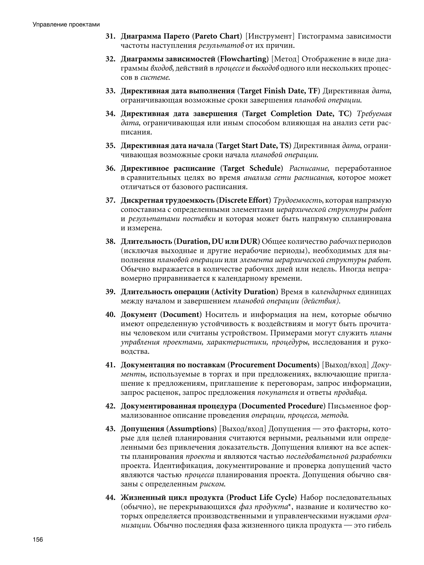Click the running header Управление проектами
pyautogui.click(x=66, y=25)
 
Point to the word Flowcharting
pyautogui.click(x=243, y=59)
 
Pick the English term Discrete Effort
pyautogui.click(x=243, y=201)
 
